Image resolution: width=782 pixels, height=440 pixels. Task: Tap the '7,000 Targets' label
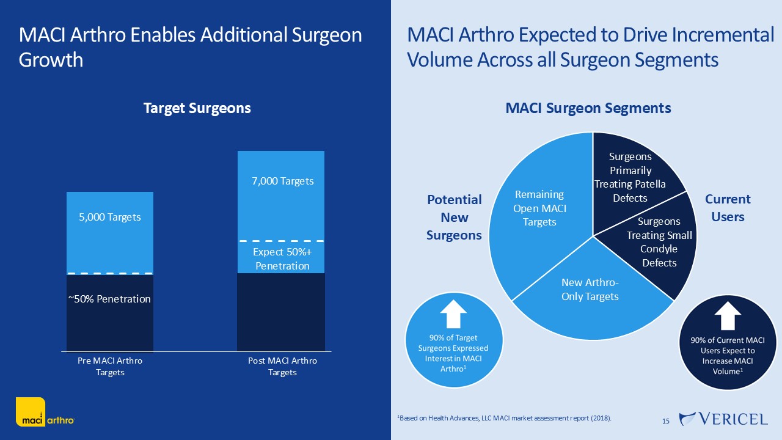(x=283, y=181)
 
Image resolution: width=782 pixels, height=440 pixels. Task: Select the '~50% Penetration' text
(x=109, y=299)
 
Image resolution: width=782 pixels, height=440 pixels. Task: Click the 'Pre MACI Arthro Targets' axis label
(x=110, y=366)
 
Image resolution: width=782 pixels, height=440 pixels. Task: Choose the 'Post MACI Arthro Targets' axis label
(x=282, y=366)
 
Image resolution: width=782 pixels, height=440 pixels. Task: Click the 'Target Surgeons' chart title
(x=197, y=108)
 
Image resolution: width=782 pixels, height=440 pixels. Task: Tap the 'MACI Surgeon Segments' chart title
(x=588, y=108)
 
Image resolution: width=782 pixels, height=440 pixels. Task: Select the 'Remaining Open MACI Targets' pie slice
(x=539, y=208)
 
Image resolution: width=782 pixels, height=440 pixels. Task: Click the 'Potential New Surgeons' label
(x=454, y=217)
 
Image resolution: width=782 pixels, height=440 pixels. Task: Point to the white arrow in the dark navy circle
(x=727, y=316)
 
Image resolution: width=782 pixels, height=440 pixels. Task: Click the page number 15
(x=666, y=421)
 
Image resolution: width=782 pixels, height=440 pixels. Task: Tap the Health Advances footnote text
(x=504, y=418)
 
